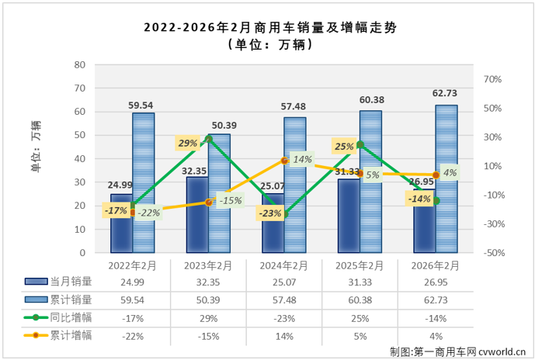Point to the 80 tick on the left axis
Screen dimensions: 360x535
(80, 65)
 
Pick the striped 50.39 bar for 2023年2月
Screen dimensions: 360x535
(219, 193)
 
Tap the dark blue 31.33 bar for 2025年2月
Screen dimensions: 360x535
(349, 216)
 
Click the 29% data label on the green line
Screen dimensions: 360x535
(187, 144)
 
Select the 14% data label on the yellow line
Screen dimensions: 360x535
(303, 160)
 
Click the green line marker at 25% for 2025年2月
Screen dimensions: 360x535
(360, 144)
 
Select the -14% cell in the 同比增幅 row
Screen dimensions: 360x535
(436, 317)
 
